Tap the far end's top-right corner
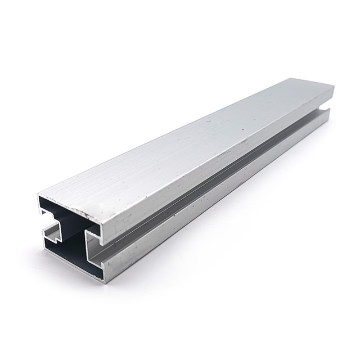coord(334,87)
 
